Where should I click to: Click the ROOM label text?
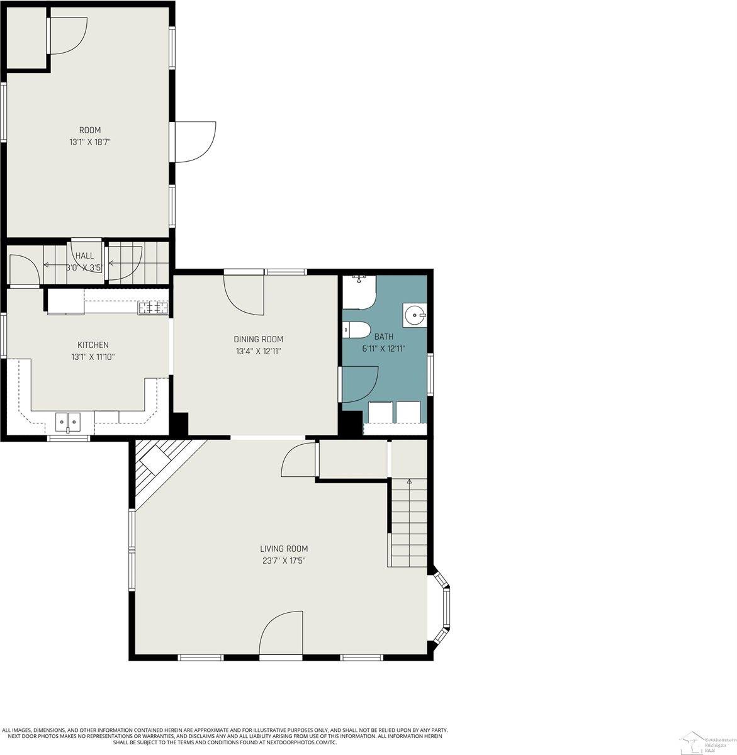point(89,130)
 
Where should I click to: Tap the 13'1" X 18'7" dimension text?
point(89,142)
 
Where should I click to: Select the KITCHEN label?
point(93,345)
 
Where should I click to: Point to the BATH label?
point(383,337)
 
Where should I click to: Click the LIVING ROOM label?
point(284,549)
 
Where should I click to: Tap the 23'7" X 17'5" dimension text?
point(284,561)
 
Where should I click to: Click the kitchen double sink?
point(68,421)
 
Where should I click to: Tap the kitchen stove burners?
point(153,308)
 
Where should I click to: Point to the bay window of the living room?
point(443,607)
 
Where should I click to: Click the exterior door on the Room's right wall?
point(194,142)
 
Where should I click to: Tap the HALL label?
point(84,256)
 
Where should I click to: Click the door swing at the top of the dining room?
point(245,294)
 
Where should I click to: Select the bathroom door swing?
point(359,384)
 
